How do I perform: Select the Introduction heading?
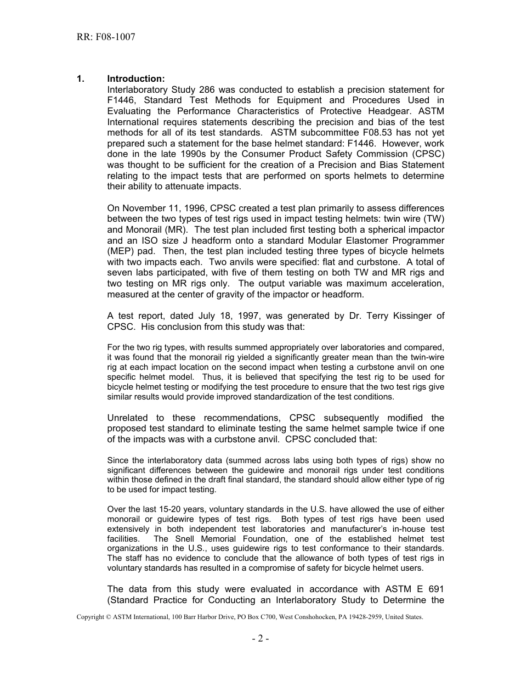pyautogui.click(x=135, y=79)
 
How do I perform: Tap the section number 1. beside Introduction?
pyautogui.click(x=80, y=79)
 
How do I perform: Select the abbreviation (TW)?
pyautogui.click(x=433, y=219)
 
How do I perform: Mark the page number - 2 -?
pyautogui.click(x=260, y=638)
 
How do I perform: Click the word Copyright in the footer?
pyautogui.click(x=92, y=617)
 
